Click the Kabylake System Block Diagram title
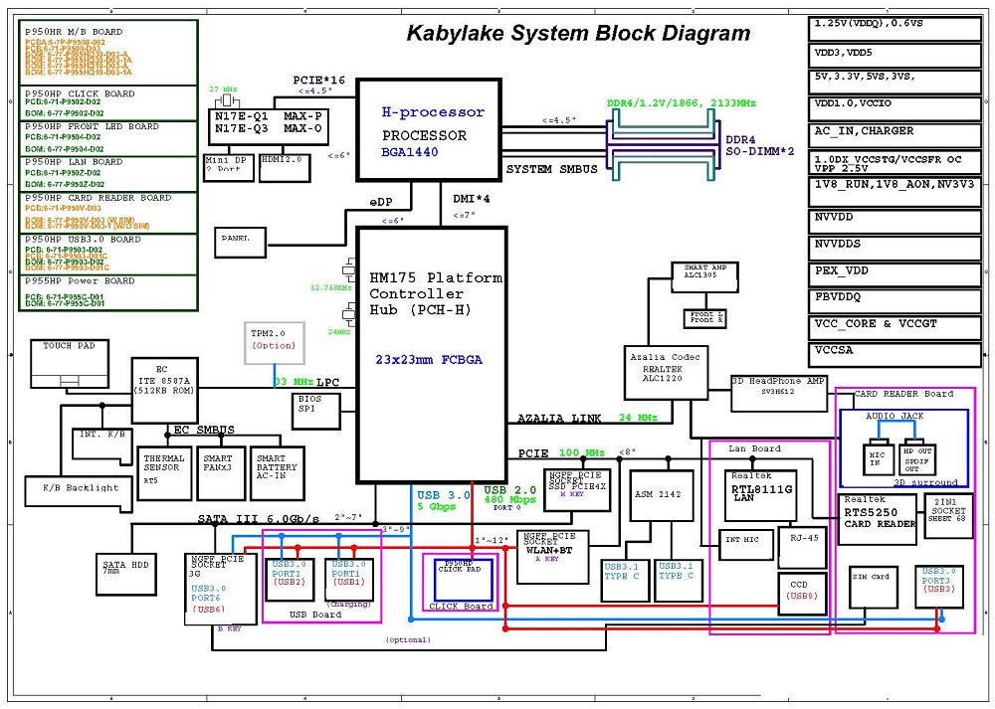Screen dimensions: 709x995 pos(578,34)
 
